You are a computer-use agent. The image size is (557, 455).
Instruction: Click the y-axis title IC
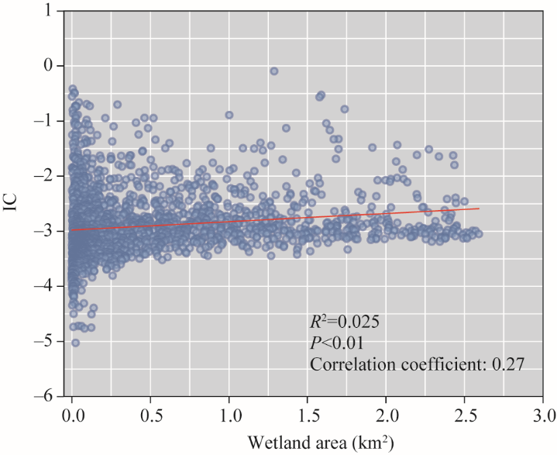13,204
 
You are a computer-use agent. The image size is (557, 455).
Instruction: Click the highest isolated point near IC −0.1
274,71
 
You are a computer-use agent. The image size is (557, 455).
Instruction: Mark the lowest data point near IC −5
75,342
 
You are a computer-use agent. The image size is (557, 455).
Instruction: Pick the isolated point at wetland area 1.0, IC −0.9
229,115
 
